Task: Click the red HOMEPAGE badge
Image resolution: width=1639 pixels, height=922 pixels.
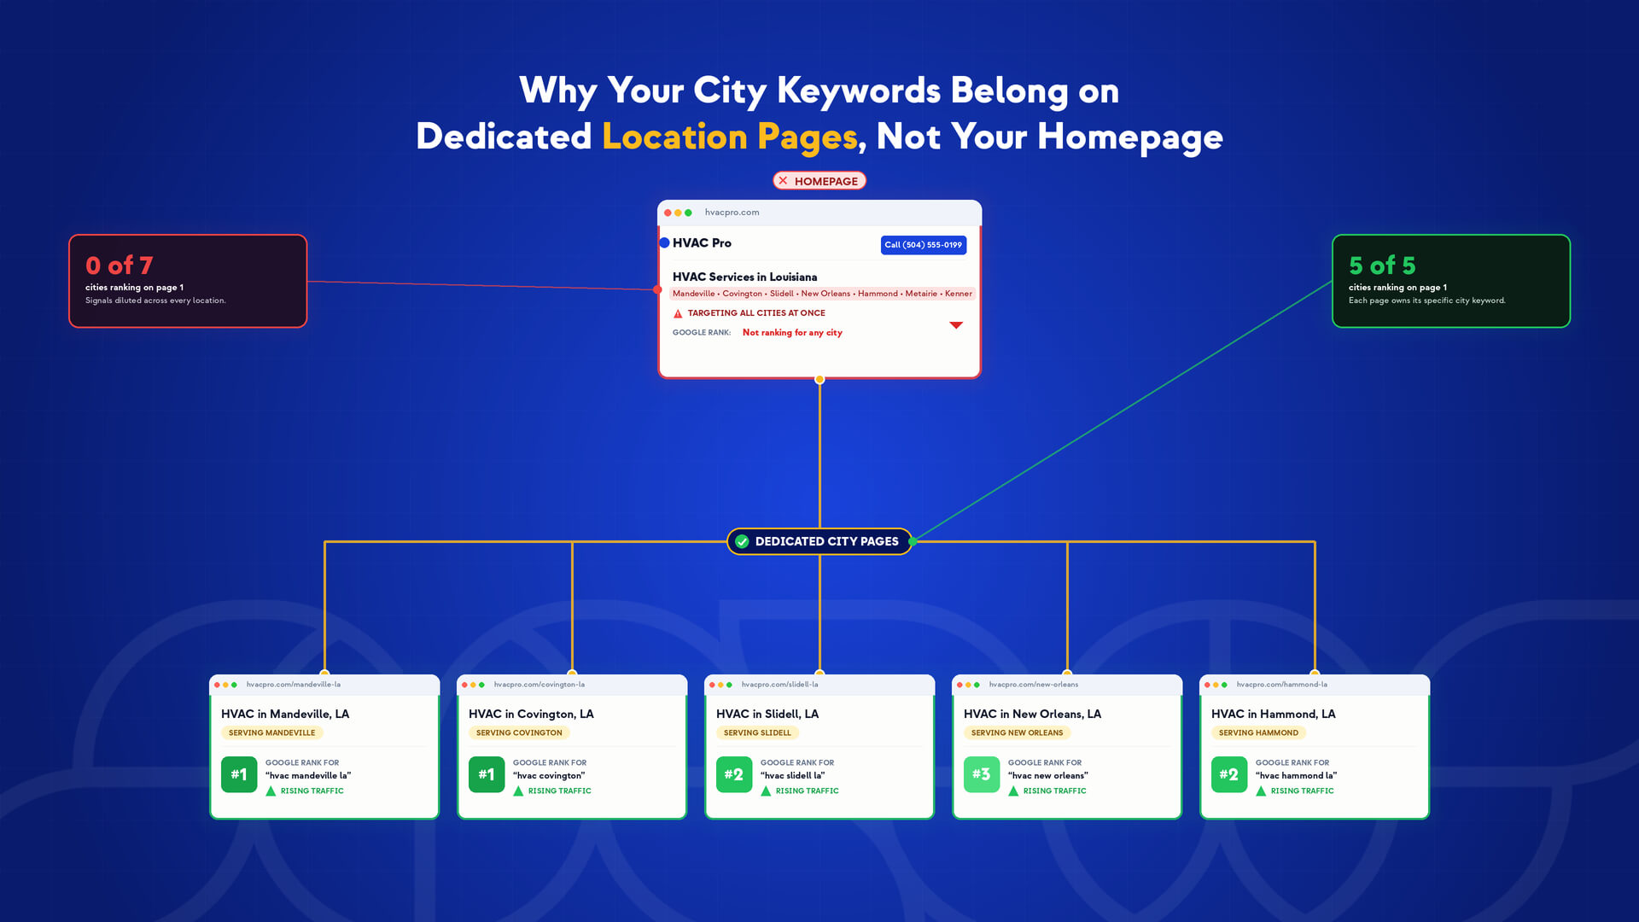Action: point(819,181)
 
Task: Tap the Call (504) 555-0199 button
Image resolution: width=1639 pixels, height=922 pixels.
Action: point(923,245)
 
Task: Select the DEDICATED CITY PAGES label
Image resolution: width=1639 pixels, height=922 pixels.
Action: point(825,541)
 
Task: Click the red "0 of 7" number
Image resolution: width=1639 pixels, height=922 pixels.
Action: point(119,266)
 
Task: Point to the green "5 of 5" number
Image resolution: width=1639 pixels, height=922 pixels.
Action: point(1381,266)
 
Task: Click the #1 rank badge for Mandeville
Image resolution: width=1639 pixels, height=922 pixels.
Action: point(239,774)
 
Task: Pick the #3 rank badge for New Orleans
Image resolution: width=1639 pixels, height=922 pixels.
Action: point(982,774)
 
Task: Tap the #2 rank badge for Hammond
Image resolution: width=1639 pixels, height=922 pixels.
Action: point(1229,774)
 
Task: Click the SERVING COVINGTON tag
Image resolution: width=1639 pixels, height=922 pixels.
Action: point(519,732)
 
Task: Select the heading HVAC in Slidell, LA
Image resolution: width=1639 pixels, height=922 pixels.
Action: point(767,714)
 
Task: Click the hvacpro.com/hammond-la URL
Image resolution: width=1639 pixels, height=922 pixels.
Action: point(1281,685)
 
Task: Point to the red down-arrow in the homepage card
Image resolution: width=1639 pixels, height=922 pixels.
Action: point(956,325)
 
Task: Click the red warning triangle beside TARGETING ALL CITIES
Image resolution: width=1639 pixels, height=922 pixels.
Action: point(678,313)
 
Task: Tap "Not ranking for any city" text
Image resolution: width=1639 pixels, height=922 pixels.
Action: point(792,333)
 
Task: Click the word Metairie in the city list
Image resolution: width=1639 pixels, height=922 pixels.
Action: point(921,294)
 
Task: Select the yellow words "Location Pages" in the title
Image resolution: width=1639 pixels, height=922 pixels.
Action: point(730,137)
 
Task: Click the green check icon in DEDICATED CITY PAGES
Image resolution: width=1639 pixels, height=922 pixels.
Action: point(742,541)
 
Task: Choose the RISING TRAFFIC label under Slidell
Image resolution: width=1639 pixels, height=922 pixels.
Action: point(807,791)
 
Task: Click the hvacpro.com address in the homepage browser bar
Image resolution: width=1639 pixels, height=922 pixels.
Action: point(732,213)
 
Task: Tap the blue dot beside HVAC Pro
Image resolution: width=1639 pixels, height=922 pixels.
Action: point(664,243)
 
